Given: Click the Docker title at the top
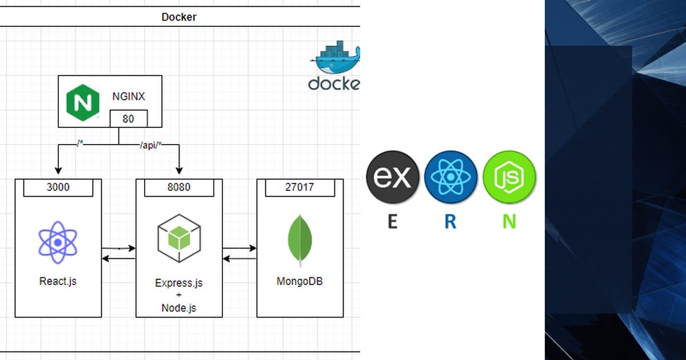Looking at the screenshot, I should coord(178,17).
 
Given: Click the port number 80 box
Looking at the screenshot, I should coord(128,118).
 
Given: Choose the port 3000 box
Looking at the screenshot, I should coord(58,187).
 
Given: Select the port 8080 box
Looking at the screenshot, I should coord(179,187).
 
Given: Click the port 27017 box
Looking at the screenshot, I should coord(300,187).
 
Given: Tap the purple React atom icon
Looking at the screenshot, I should coord(58,242).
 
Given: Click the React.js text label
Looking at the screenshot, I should coord(58,281).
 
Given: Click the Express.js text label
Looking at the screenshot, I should coord(179,283).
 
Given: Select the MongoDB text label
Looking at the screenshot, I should coord(300,281).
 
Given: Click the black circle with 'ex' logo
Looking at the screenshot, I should coord(392,178).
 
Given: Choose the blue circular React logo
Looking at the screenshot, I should coord(451,178).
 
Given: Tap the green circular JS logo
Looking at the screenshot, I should coord(509,178).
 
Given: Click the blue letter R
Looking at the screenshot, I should coord(450,221).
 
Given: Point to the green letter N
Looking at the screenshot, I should coord(509,221).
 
